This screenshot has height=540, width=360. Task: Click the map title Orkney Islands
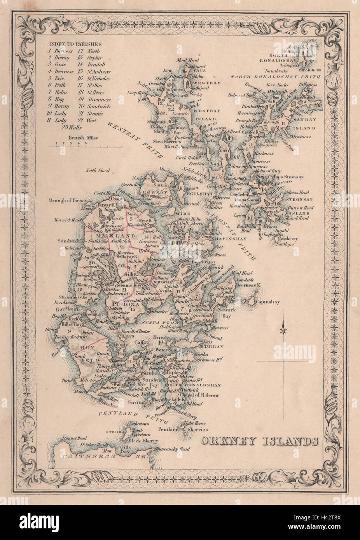pos(260,441)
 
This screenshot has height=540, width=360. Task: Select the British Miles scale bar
pos(85,146)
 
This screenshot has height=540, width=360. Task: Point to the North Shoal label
pos(98,170)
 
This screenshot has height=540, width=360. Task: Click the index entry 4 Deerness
pos(61,72)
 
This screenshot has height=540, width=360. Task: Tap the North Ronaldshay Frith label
pos(276,77)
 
